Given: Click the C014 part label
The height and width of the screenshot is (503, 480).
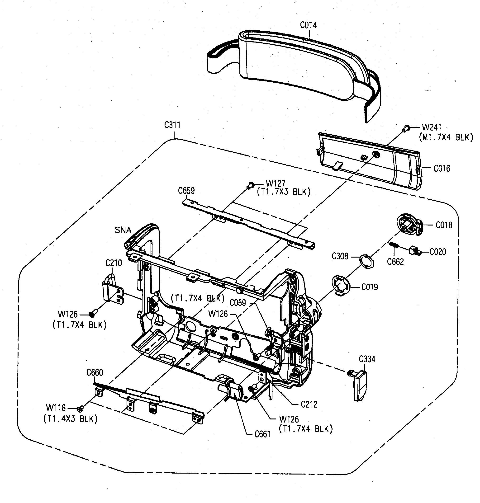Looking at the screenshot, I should [x=308, y=25].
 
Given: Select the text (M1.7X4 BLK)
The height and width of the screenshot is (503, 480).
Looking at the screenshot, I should [x=446, y=138].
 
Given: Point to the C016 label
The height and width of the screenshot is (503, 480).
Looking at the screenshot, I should [x=442, y=168].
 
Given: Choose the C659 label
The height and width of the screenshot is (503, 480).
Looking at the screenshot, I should [x=186, y=191].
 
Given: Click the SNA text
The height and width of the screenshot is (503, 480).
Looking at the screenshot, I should [x=123, y=230].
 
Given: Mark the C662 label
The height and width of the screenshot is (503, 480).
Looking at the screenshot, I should [x=395, y=262].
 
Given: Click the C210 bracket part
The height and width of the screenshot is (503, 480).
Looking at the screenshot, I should [x=113, y=291].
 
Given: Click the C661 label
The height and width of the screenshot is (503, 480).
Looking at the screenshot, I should [x=262, y=434].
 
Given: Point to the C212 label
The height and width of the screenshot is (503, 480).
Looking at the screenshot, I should [x=309, y=404].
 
